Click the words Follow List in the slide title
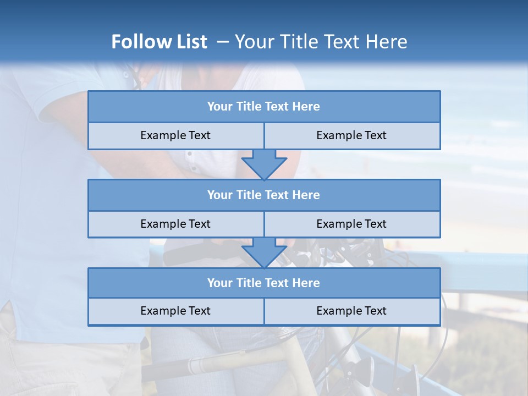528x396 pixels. (x=159, y=42)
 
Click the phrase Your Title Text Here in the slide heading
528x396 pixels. (x=321, y=42)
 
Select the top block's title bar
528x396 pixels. (x=264, y=107)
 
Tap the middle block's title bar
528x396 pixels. (x=264, y=195)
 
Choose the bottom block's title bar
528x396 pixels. (x=264, y=283)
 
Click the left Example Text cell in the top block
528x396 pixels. (x=176, y=135)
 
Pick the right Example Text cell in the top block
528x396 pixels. (x=352, y=135)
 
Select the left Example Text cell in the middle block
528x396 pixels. (x=176, y=224)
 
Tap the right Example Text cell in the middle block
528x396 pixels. (x=352, y=224)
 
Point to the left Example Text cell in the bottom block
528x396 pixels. (x=176, y=311)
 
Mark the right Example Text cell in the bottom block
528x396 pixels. (x=352, y=311)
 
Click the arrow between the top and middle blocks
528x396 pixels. (x=264, y=164)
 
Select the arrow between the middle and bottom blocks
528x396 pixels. (x=264, y=252)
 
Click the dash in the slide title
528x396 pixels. (x=223, y=42)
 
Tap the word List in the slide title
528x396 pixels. (x=190, y=42)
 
